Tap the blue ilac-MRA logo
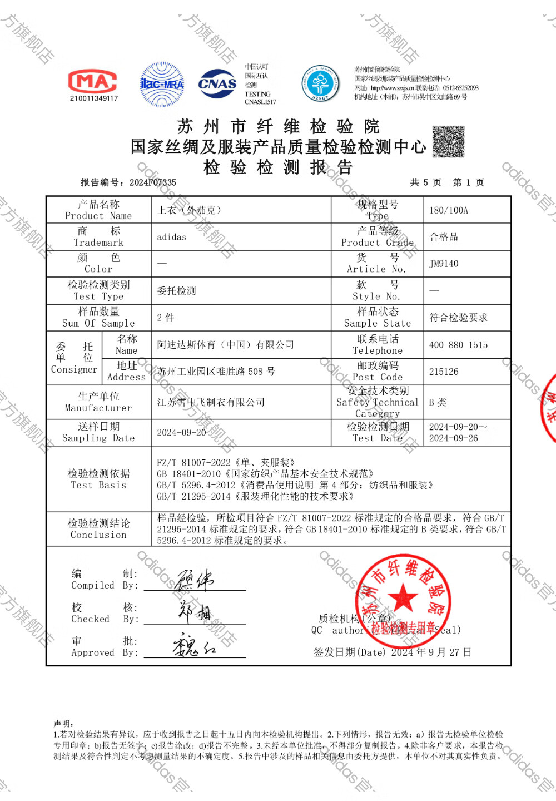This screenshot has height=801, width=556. point(162,85)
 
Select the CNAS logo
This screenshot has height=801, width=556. point(217,84)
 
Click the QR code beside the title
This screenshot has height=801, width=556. point(448,141)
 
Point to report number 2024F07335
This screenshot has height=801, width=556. point(152,182)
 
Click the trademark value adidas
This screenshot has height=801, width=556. point(172,237)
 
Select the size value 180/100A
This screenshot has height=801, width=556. point(449,210)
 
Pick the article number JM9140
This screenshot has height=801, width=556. point(444,264)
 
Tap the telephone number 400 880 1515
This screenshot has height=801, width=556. point(458,345)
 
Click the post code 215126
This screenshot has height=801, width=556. point(444,372)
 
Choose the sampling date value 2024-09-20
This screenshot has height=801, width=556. point(181,433)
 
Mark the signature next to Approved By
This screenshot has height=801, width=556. point(193,647)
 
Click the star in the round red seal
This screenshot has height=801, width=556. point(402,599)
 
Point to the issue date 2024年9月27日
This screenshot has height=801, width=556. point(431,652)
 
